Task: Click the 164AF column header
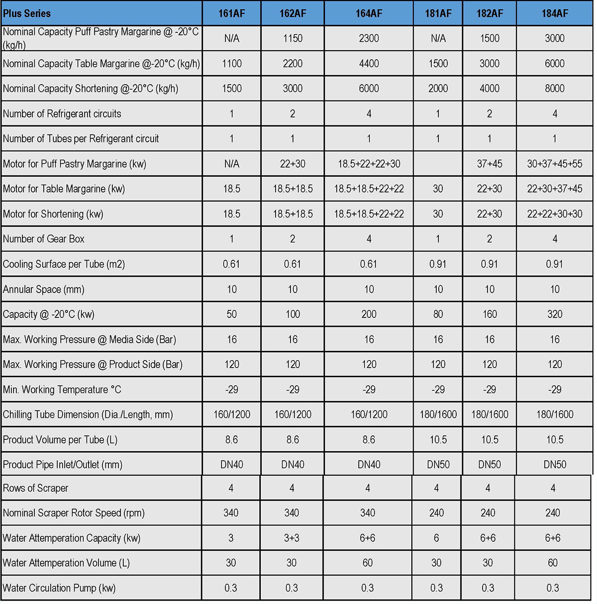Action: [369, 13]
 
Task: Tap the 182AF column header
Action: [490, 13]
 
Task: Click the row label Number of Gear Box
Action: [44, 239]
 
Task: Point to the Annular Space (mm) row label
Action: [44, 289]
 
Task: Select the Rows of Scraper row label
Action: [36, 488]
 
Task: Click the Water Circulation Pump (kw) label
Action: [59, 588]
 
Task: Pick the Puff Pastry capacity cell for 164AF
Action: [369, 38]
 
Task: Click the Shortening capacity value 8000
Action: [554, 89]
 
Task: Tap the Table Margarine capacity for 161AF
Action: [232, 64]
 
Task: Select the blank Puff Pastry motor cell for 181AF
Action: [438, 164]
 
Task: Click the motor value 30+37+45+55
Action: [554, 164]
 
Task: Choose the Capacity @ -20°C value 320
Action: [554, 314]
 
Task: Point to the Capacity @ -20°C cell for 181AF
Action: [438, 314]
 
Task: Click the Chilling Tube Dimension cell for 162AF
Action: [293, 414]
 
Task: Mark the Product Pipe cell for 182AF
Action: [490, 465]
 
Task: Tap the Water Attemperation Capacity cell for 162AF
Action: [292, 538]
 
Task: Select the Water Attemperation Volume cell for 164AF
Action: [368, 563]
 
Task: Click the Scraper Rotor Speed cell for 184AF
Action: [553, 513]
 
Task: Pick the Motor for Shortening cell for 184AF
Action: [554, 214]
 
